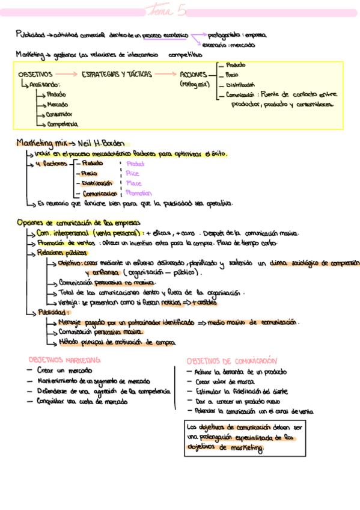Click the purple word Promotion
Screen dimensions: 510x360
(x=139, y=193)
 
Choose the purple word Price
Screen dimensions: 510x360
(x=132, y=173)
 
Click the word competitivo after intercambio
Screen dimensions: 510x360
(x=186, y=55)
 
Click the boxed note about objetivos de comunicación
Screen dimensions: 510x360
(x=241, y=437)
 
